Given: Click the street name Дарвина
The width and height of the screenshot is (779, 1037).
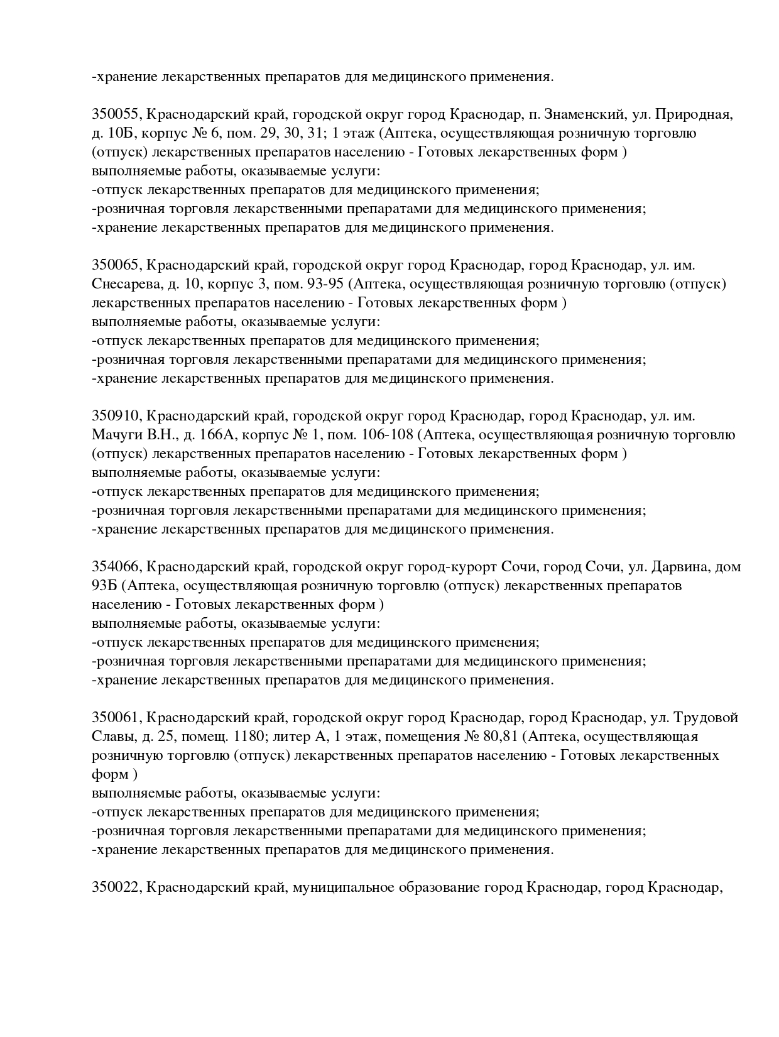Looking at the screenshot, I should (x=682, y=567).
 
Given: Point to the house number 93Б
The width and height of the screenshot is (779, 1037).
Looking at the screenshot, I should (x=105, y=586).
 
